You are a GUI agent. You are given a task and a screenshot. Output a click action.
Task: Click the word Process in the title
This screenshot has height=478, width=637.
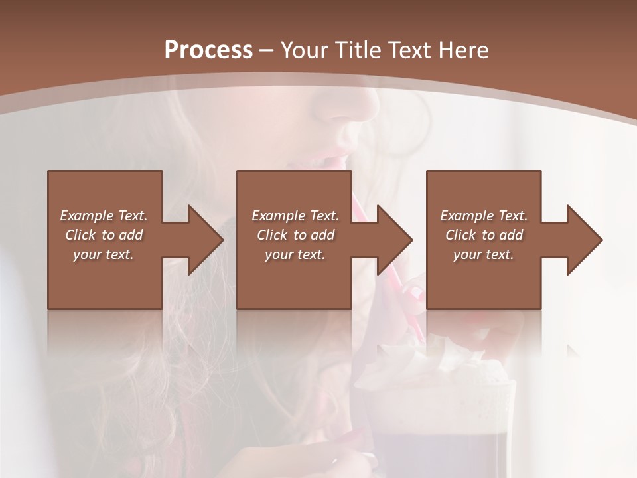208,50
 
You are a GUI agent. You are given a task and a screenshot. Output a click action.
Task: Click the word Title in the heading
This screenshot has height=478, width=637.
358,50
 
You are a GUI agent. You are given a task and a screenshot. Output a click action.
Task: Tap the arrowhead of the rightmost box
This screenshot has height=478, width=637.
583,240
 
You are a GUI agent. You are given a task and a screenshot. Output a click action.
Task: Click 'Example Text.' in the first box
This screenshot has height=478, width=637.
104,216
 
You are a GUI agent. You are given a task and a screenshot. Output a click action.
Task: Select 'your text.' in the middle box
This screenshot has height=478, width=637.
295,254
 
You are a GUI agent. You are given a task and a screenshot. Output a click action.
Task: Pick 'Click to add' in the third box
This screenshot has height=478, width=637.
484,235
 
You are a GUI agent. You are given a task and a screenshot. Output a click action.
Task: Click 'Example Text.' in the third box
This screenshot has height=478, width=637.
484,216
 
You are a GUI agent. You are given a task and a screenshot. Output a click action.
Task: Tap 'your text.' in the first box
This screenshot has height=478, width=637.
104,254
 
